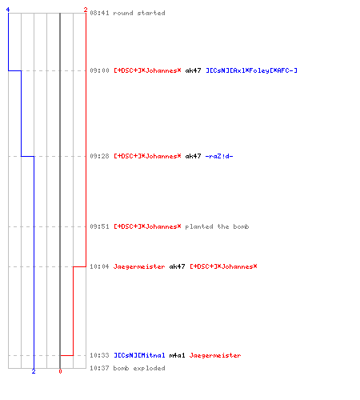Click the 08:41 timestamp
(99, 13)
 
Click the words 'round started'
(139, 13)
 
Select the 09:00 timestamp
(99, 70)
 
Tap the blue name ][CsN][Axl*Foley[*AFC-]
(251, 70)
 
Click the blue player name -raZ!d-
(219, 156)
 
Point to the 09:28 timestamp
(99, 156)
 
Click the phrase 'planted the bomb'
(217, 226)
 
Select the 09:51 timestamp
(99, 226)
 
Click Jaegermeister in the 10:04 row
(139, 266)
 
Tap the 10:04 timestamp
(99, 266)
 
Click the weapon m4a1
(177, 355)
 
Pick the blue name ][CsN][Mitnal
(139, 355)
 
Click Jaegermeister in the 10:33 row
(215, 355)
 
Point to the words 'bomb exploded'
(139, 368)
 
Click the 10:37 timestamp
(99, 368)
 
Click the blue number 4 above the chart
(8, 10)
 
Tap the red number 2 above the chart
(86, 10)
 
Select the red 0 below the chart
(60, 371)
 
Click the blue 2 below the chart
(34, 371)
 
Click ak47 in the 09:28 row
(193, 156)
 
